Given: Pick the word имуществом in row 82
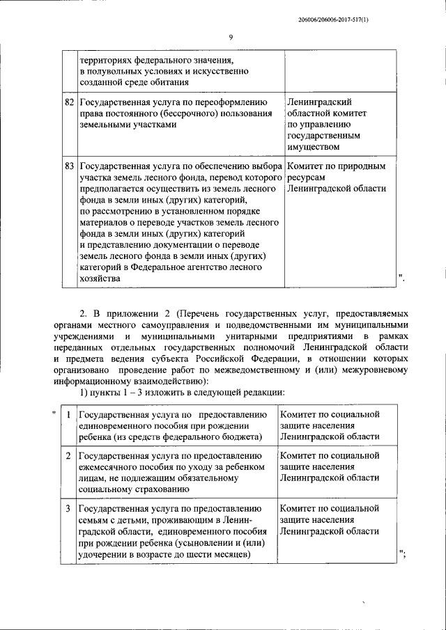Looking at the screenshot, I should (313, 147).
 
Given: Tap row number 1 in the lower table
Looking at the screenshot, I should (68, 415).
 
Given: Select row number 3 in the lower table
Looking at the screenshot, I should (68, 510).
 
